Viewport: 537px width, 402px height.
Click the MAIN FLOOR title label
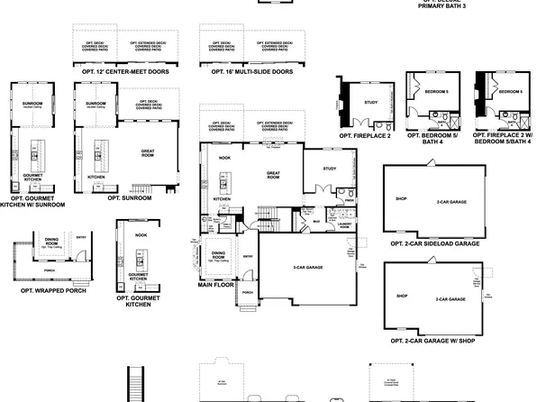(x=217, y=284)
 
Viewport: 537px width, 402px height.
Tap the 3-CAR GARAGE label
(x=308, y=268)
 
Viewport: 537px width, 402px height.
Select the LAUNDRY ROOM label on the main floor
(x=345, y=225)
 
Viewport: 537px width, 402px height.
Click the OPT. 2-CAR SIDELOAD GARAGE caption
(x=435, y=243)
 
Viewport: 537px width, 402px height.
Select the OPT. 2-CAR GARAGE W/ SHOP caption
(x=435, y=342)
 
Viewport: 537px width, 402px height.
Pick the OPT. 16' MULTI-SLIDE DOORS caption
(x=245, y=71)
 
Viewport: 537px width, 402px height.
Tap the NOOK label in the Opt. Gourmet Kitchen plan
(x=141, y=234)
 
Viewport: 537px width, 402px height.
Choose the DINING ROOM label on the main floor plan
(x=218, y=255)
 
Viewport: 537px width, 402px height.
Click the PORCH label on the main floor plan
(x=248, y=293)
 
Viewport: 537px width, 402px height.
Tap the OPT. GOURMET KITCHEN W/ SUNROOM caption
(x=34, y=200)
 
